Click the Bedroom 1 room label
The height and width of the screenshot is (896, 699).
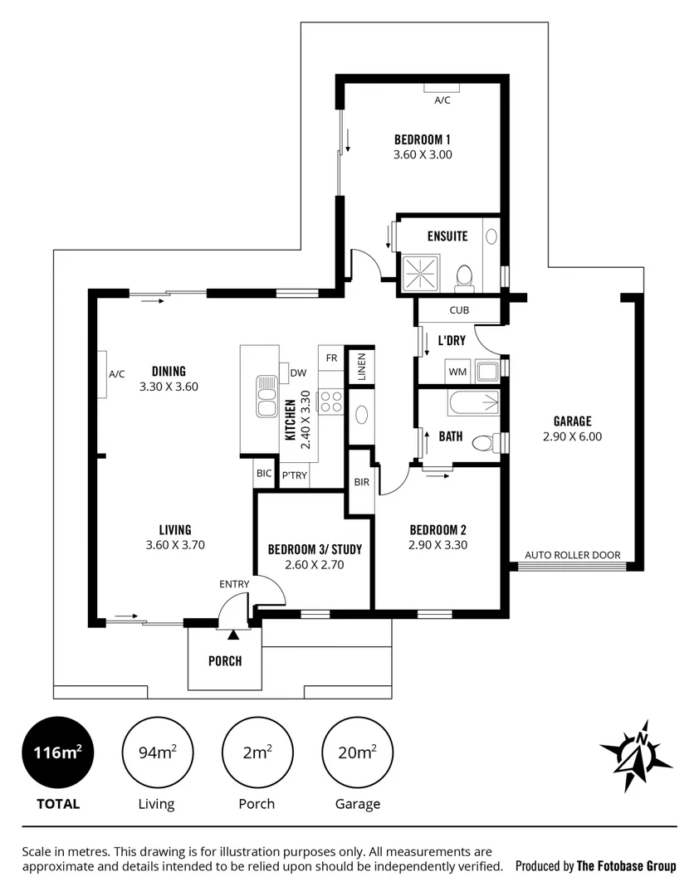coord(423,139)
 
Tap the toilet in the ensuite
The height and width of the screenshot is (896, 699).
coord(465,276)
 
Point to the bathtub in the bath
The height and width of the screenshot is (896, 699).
coord(473,404)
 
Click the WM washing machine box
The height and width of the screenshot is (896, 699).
coord(457,371)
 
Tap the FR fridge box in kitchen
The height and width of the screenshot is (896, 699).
coord(331,358)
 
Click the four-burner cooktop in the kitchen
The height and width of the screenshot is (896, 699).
coord(331,402)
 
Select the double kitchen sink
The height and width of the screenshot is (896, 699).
coord(267,395)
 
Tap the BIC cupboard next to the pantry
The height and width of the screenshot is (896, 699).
coord(264,473)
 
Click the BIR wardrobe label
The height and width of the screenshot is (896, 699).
coord(361,481)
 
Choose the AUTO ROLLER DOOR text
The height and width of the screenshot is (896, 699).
coord(572,555)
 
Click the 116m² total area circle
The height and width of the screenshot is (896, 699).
coord(57,752)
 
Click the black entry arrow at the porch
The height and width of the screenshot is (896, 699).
coord(233,635)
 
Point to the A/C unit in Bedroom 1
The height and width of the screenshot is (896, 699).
coord(442,88)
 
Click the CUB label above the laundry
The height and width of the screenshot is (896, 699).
coord(458,310)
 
